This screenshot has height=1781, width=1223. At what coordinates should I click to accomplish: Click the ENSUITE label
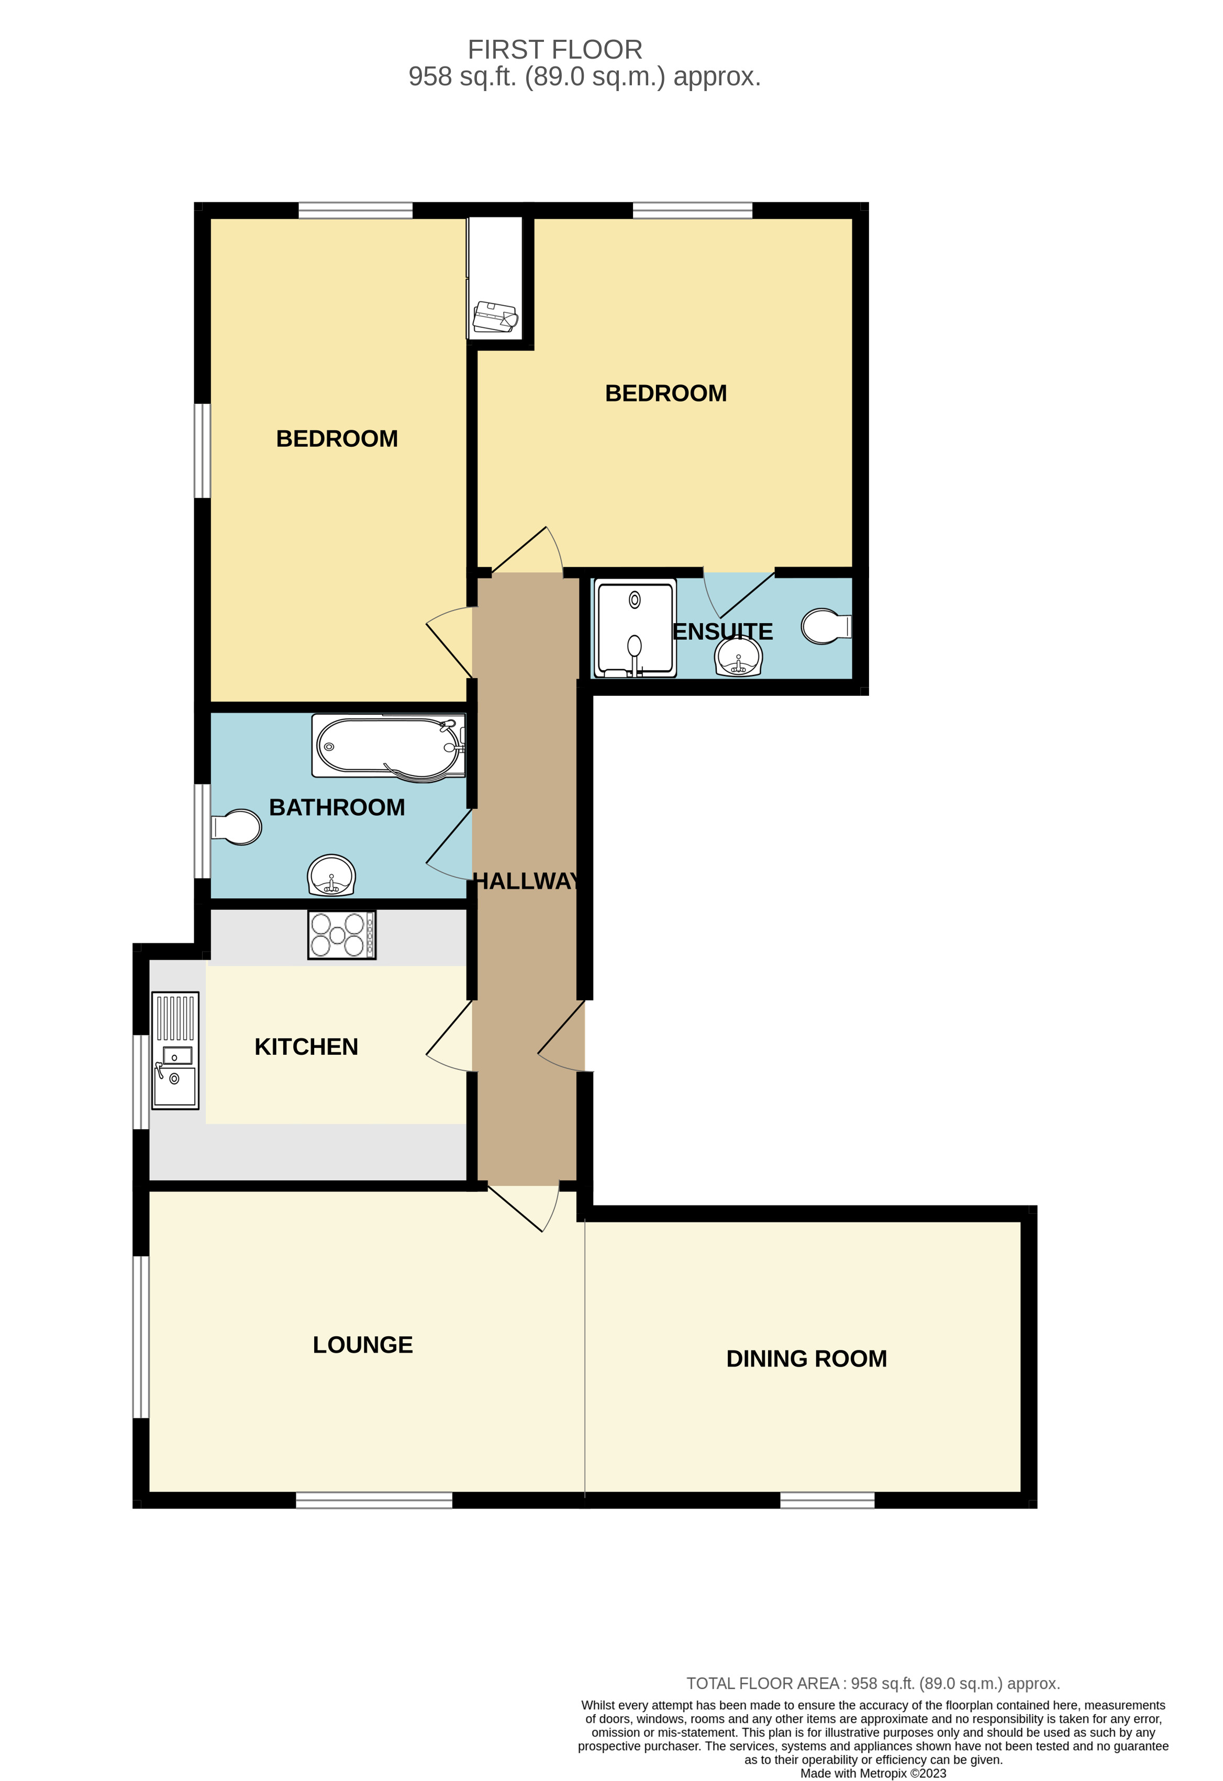click(x=722, y=632)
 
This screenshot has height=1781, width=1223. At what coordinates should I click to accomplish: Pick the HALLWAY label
click(x=526, y=881)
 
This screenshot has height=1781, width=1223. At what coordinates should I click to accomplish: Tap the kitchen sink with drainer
click(x=175, y=1050)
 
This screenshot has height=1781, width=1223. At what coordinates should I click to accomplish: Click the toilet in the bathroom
click(x=237, y=827)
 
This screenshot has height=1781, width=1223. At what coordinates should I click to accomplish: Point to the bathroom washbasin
click(x=331, y=874)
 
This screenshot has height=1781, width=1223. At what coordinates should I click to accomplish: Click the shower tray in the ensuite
click(x=635, y=628)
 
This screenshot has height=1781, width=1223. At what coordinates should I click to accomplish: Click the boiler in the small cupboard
click(x=495, y=317)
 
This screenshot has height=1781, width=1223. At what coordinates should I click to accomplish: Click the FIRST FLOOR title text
click(x=554, y=50)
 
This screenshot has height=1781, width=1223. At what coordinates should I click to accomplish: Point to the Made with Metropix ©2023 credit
click(x=873, y=1773)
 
